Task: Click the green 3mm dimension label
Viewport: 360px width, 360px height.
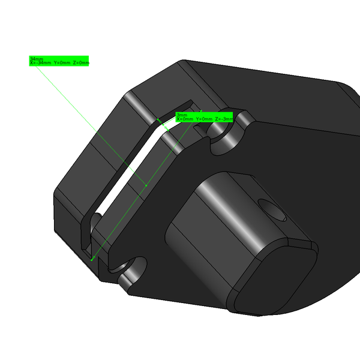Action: tap(181, 115)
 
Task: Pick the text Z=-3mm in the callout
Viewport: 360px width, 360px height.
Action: tap(224, 119)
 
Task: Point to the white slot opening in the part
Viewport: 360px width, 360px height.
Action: tap(129, 174)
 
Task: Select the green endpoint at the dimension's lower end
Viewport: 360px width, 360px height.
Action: tap(92, 259)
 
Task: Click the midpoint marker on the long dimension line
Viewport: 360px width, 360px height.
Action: tap(147, 185)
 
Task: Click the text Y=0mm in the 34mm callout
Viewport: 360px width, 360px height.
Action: tap(62, 63)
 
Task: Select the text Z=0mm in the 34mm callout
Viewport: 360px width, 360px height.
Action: tap(81, 63)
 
